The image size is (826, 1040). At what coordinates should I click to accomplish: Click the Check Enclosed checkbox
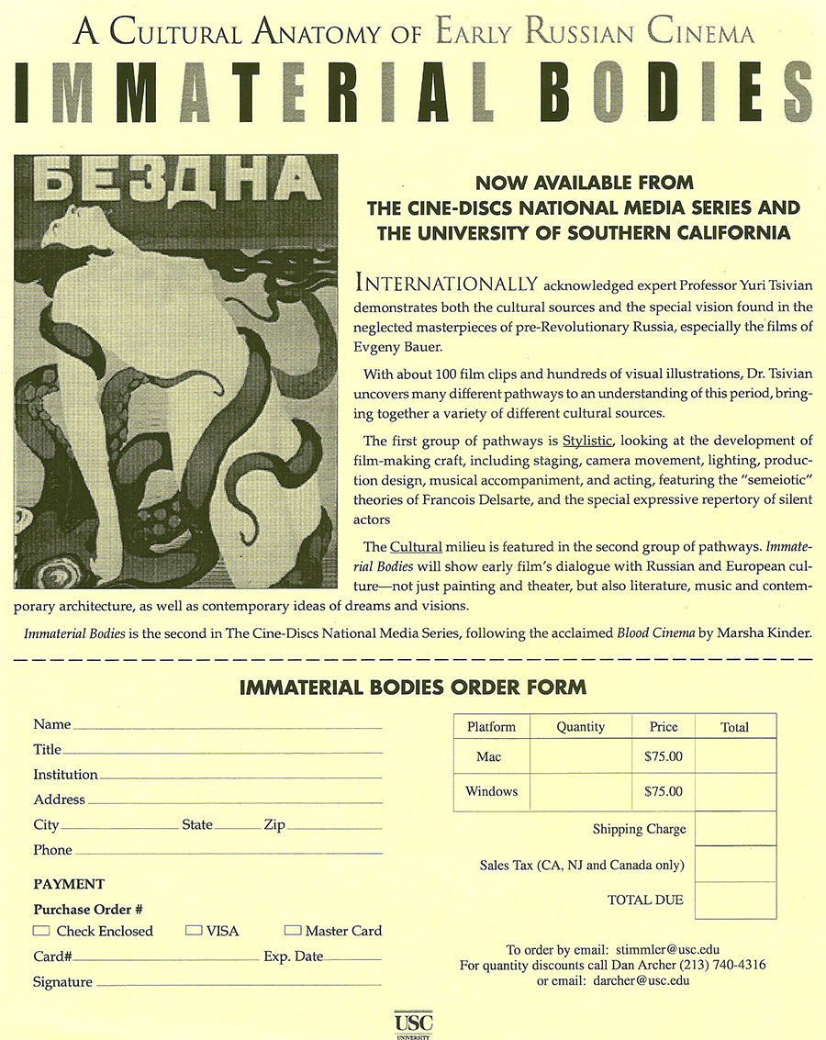click(x=41, y=931)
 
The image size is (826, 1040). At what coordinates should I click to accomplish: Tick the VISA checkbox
click(x=194, y=931)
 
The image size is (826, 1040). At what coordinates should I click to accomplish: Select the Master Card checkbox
click(x=293, y=931)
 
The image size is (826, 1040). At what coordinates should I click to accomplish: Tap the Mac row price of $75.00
click(x=664, y=758)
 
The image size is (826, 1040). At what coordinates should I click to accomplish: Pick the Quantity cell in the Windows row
click(x=580, y=791)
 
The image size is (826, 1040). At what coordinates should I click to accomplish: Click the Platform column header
click(x=491, y=727)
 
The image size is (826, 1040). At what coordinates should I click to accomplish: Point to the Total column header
click(x=734, y=727)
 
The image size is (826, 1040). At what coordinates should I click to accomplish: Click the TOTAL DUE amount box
click(x=735, y=900)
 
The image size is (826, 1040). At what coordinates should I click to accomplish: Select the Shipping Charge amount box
click(x=735, y=829)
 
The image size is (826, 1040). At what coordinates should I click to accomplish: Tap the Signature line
click(x=239, y=985)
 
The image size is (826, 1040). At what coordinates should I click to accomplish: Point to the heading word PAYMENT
click(x=69, y=884)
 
